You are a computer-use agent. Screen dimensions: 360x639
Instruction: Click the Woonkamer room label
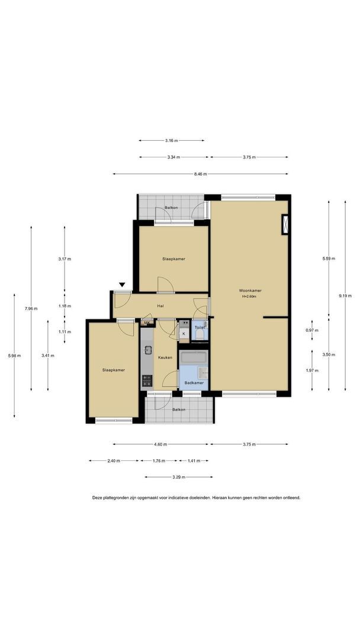(x=250, y=291)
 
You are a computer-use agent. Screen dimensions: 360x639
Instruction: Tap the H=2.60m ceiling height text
(x=250, y=296)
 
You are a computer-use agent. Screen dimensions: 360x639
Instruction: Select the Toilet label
(x=200, y=327)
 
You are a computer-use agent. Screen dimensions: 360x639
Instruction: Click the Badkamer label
(x=194, y=383)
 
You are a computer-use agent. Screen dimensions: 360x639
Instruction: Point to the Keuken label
(x=165, y=357)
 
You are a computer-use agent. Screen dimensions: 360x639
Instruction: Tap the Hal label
(x=160, y=306)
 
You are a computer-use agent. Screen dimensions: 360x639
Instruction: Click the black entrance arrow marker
(x=122, y=285)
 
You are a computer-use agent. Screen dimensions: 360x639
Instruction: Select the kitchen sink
(x=147, y=350)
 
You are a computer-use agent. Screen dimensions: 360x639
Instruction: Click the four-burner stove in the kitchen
(x=147, y=380)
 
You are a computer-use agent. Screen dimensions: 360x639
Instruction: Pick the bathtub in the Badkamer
(x=194, y=357)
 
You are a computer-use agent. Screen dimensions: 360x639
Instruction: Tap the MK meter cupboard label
(x=147, y=323)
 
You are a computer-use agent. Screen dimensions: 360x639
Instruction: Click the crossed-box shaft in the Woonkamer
(x=285, y=225)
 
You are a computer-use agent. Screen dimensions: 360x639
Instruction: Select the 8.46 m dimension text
(x=200, y=174)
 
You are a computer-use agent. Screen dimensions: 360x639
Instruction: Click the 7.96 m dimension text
(x=31, y=308)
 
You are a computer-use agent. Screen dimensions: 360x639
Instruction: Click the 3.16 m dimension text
(x=172, y=141)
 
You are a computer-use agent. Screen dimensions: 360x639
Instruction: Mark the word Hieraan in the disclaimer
(x=221, y=498)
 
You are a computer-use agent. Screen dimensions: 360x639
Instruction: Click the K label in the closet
(x=184, y=334)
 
